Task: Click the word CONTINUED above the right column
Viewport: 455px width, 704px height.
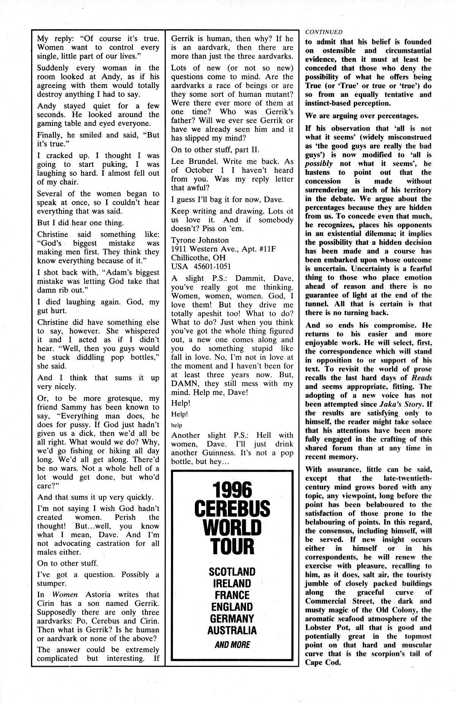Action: click(x=323, y=32)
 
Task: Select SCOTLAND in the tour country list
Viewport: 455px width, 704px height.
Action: click(x=232, y=571)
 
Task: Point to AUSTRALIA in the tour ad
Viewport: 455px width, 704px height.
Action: click(x=232, y=630)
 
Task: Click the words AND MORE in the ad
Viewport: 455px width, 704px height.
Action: click(x=232, y=644)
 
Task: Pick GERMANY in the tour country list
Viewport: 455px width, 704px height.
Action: click(x=232, y=619)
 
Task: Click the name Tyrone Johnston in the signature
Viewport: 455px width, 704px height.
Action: click(x=200, y=240)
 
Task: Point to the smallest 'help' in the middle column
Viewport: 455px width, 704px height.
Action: click(x=177, y=425)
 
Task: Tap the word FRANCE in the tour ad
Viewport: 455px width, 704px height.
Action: click(x=232, y=595)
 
